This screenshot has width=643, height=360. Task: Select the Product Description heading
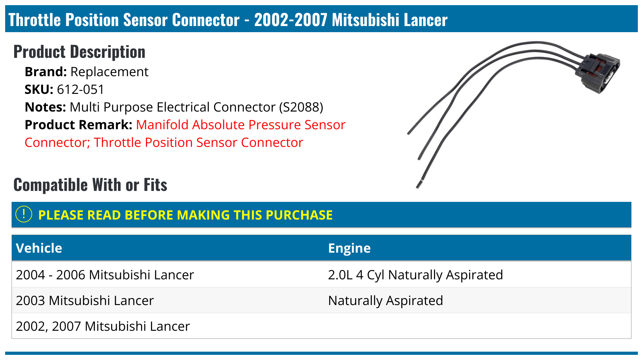pos(79,52)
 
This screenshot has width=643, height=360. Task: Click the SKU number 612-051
pos(81,90)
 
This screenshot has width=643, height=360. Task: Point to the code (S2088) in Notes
pos(301,107)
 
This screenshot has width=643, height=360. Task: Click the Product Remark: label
pos(78,125)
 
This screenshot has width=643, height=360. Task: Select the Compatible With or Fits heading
pos(90,185)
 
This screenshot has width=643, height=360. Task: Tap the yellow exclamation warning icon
pos(24,214)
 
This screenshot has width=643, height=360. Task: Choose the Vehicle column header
pos(39,248)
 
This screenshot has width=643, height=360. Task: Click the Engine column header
pos(349,248)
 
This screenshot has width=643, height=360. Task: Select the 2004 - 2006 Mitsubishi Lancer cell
pos(105,275)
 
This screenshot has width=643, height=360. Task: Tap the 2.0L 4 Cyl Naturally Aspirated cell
pos(415,275)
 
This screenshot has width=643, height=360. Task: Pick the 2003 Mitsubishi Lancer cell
pos(85,301)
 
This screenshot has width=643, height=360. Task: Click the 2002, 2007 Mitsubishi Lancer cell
pos(103,326)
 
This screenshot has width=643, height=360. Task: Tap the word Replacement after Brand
pos(109,72)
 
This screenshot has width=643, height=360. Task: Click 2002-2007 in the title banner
pos(291,20)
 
